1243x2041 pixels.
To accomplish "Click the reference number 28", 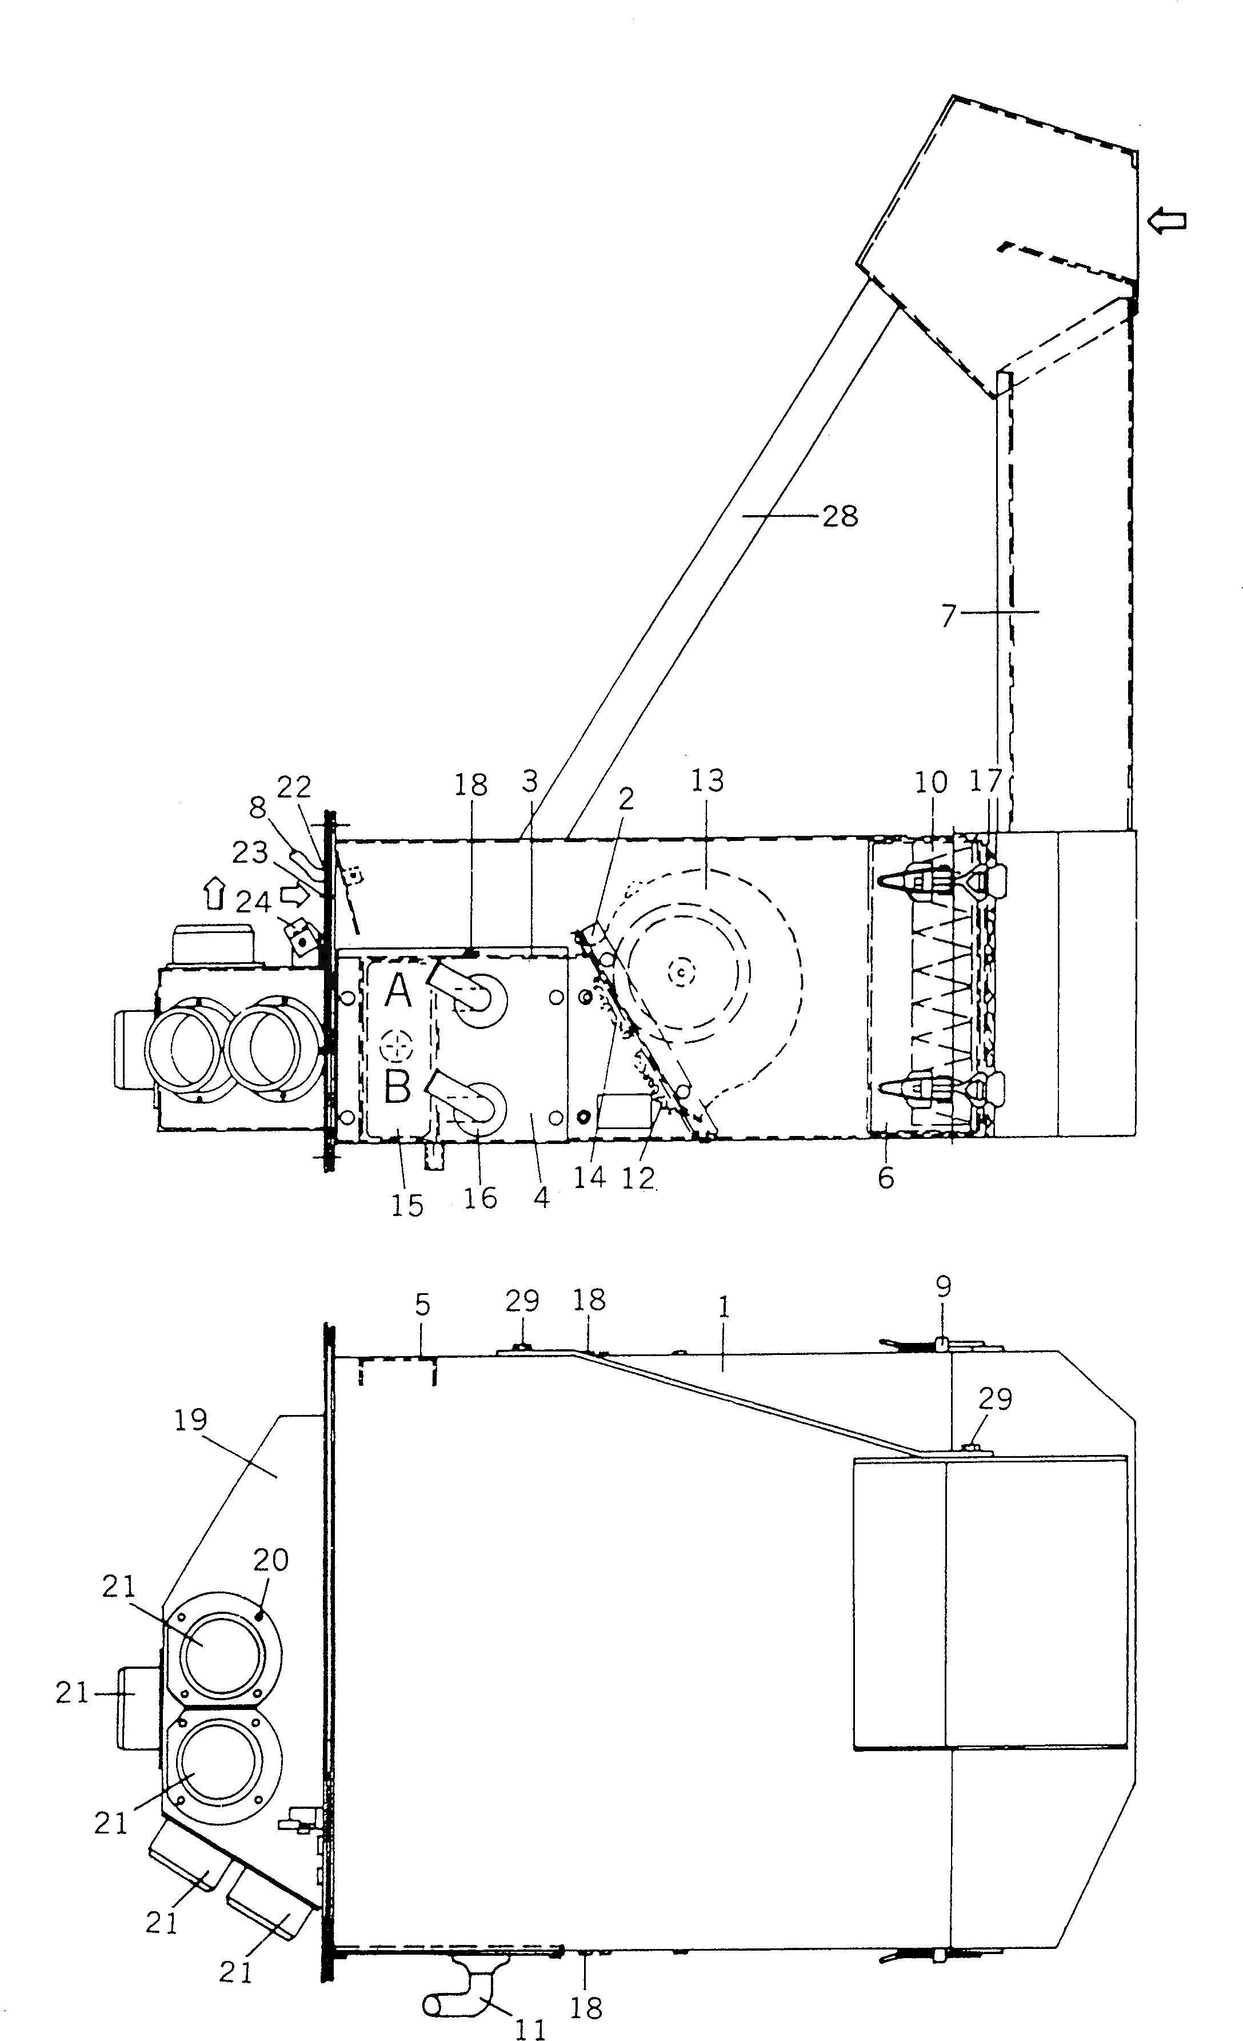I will tap(840, 516).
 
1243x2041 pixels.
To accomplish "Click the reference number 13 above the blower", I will tap(708, 780).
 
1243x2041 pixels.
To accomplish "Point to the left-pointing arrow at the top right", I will tap(1168, 221).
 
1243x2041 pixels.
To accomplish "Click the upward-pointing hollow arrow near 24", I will tap(214, 895).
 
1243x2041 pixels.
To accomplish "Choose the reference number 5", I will tap(422, 1305).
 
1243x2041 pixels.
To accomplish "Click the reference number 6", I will tap(886, 1178).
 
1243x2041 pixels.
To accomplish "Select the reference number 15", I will tap(407, 1205).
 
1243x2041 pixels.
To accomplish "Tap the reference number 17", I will tap(986, 780).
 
